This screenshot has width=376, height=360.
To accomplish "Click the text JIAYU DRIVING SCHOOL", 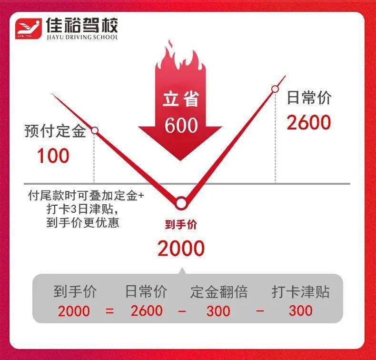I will click(x=82, y=37).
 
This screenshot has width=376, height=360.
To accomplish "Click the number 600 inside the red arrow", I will click(x=181, y=125).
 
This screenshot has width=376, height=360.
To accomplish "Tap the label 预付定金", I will click(x=55, y=131).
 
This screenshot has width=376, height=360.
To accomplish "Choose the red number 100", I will click(x=53, y=156).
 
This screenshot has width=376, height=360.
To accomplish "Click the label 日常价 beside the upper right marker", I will click(x=309, y=99).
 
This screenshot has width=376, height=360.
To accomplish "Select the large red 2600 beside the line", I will click(x=308, y=122).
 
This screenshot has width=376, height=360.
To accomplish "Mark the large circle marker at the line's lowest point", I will click(x=181, y=203).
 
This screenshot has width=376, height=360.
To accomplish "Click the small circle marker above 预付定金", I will click(x=95, y=130).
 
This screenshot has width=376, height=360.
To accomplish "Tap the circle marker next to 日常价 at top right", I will click(x=275, y=89).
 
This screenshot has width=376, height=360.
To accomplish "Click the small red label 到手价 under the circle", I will click(x=181, y=225).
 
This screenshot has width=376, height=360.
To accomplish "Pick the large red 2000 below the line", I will click(x=181, y=248).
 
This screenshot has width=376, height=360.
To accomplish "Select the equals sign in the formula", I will click(x=110, y=311).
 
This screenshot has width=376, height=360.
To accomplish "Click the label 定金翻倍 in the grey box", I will click(x=218, y=292).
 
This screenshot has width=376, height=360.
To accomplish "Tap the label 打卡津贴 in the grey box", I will click(x=300, y=292).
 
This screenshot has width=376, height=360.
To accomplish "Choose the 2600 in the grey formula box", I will click(x=146, y=311).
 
